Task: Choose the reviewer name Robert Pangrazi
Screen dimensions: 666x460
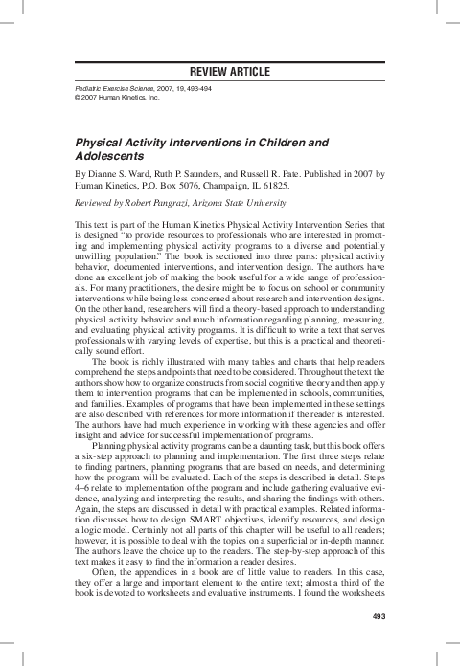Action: point(162,204)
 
